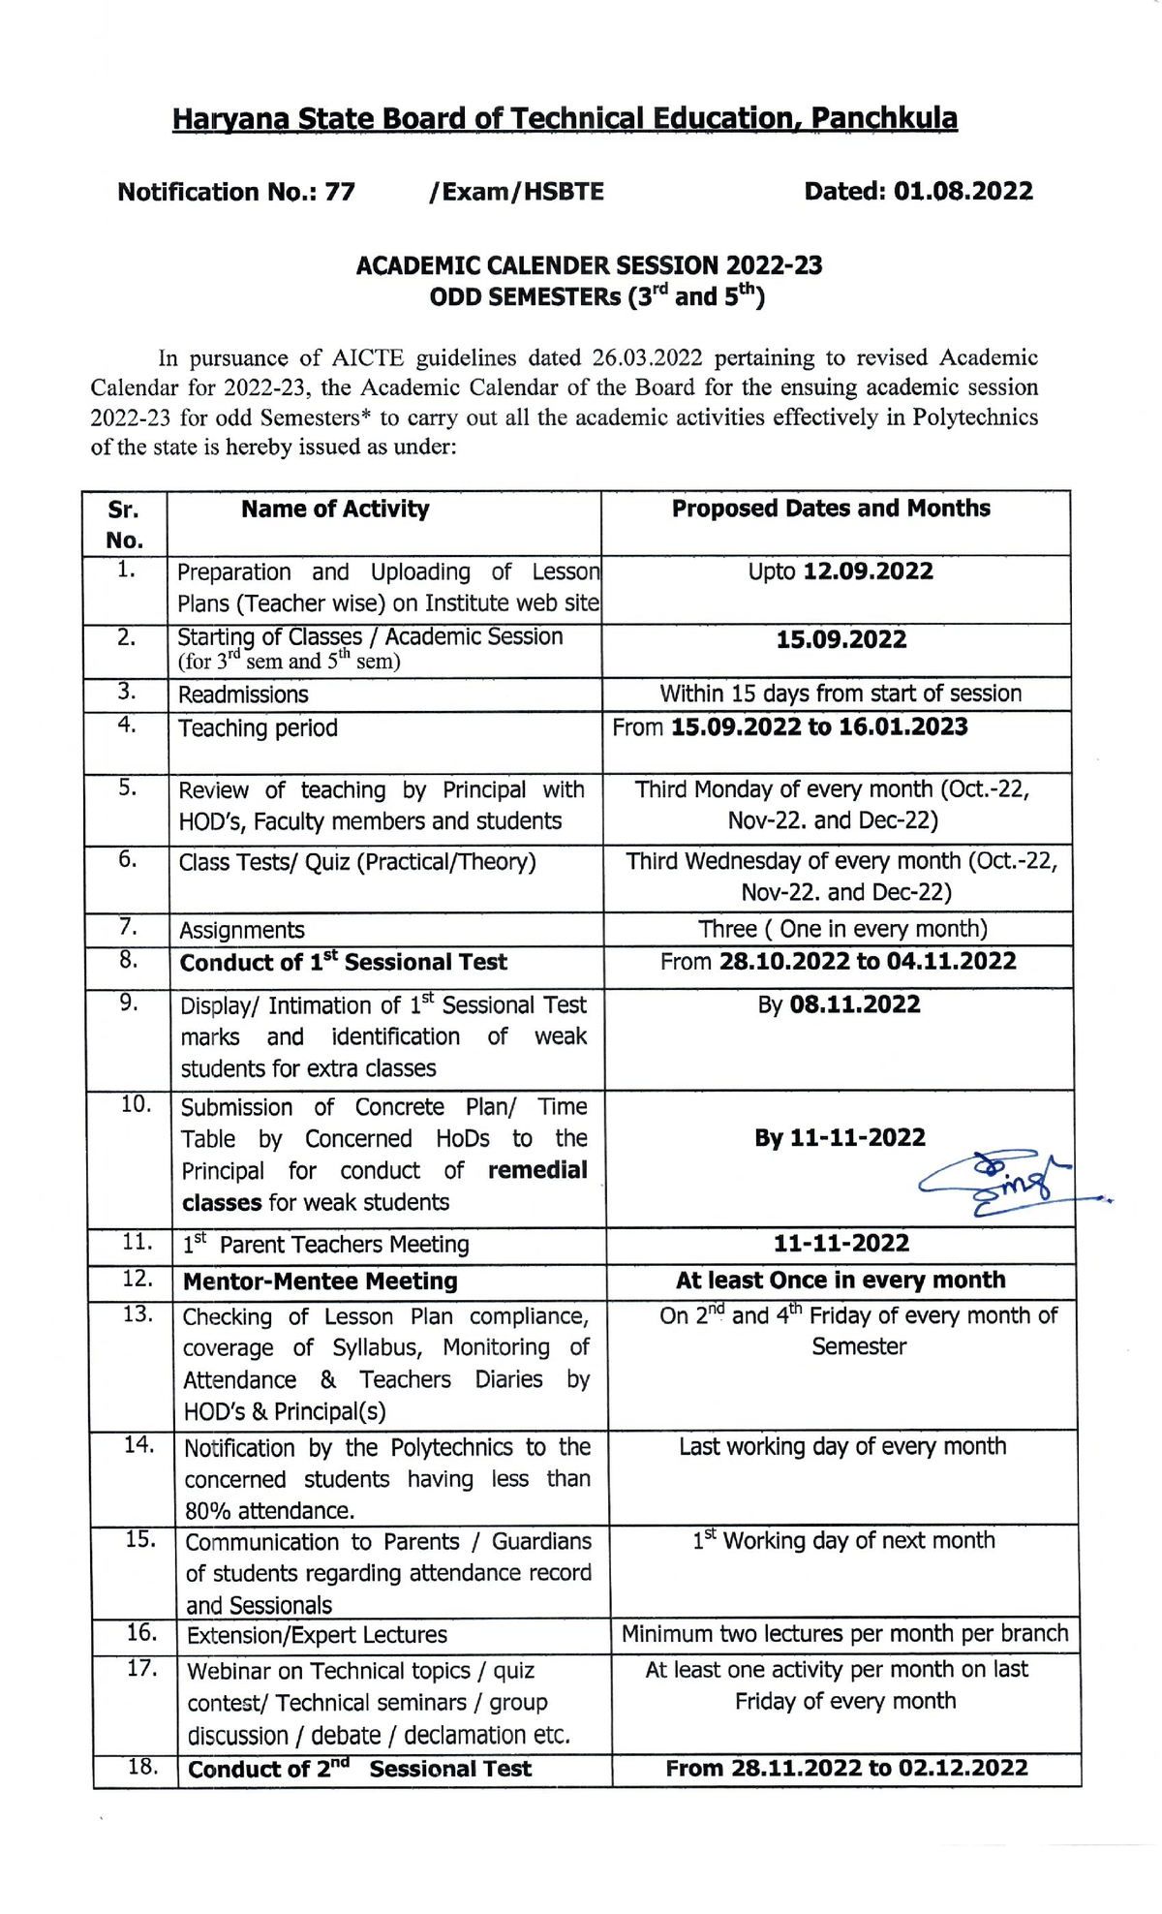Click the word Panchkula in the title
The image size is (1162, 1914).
tap(883, 119)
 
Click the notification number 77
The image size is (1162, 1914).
tap(340, 192)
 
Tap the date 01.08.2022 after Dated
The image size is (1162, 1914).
tap(963, 191)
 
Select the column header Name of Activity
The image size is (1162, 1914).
tap(335, 509)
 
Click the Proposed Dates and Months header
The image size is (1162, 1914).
tap(831, 509)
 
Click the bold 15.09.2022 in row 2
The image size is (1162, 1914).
tap(841, 639)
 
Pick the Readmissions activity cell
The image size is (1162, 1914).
tap(243, 695)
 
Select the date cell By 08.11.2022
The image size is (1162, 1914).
tap(839, 1004)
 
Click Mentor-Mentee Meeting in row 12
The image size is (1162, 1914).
tap(320, 1281)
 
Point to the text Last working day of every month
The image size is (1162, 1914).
tap(841, 1446)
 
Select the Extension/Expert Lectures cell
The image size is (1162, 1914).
tap(317, 1636)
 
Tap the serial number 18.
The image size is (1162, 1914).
tap(142, 1767)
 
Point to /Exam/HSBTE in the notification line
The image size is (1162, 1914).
tap(516, 192)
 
